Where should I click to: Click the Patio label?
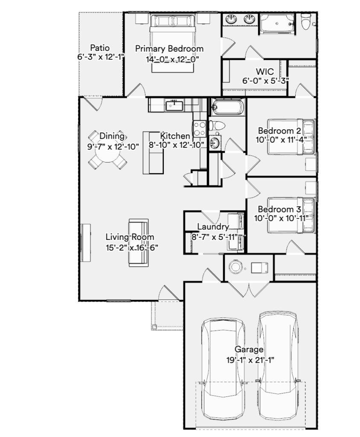coord(100,48)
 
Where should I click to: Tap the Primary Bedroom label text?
coord(169,49)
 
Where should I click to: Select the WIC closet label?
coord(264,71)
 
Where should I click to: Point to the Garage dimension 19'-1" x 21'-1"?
coord(250,360)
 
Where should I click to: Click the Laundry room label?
coord(213,227)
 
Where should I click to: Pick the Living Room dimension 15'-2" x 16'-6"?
coord(132,248)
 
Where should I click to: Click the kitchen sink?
coord(174,106)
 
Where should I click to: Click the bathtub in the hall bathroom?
coord(228,107)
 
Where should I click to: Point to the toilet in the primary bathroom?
coord(306,21)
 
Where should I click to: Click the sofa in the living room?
coord(138,243)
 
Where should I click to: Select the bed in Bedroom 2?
coord(291,137)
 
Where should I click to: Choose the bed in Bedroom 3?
coord(291,215)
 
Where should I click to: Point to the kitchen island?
coord(153,153)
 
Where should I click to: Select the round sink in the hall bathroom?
coord(215,143)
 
